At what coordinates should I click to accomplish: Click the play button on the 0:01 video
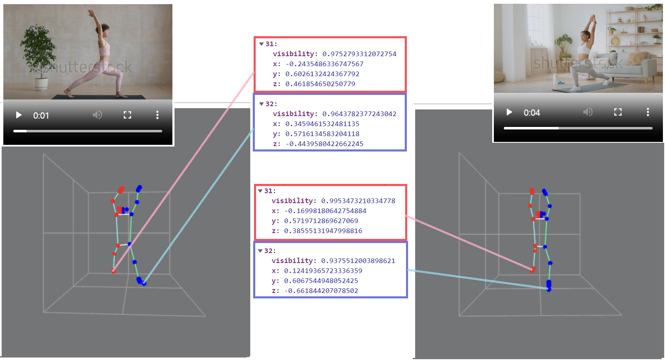tap(19, 115)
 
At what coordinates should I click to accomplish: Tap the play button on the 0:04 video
tap(509, 112)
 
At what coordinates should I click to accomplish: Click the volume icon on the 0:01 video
tap(97, 115)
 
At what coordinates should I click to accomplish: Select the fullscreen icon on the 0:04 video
tap(618, 112)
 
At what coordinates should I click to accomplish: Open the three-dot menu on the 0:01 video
tap(157, 115)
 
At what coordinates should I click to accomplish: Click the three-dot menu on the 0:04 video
tap(648, 112)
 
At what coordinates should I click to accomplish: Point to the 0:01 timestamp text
tap(41, 116)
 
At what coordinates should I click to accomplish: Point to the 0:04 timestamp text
tap(532, 113)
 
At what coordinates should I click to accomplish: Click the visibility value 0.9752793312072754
tap(359, 54)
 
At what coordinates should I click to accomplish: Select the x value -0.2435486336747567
tap(324, 64)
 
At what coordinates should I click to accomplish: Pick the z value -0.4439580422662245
tap(324, 144)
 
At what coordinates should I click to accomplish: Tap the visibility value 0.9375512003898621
tap(358, 261)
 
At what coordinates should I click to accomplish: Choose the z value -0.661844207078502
tap(321, 291)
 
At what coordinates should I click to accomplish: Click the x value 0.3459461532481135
tap(322, 124)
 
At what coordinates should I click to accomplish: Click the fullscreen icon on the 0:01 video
tap(127, 115)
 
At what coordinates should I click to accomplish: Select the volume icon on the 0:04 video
tap(588, 112)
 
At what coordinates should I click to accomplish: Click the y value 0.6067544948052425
tap(321, 281)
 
